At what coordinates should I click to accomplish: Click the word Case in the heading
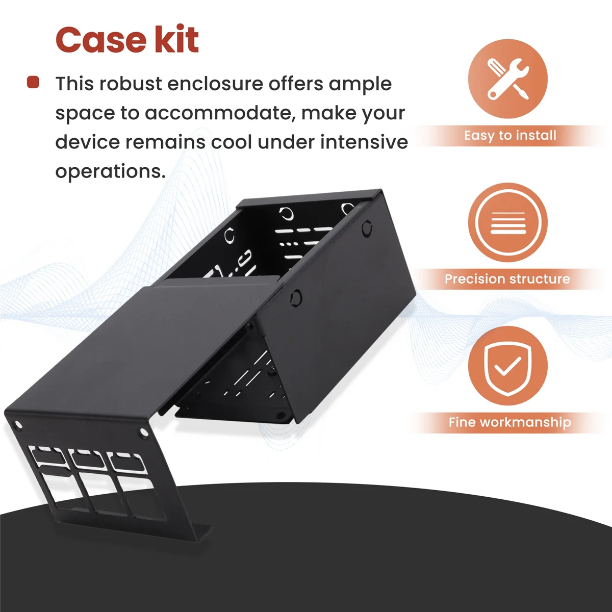100,40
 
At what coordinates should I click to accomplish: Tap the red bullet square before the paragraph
33,82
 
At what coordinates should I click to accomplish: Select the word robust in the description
131,84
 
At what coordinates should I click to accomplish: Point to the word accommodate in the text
218,113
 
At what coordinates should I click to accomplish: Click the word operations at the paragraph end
110,172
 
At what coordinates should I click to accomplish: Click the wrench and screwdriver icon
507,79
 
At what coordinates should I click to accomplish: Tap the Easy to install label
510,136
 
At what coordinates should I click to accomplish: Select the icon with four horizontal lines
507,222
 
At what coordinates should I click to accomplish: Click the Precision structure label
507,279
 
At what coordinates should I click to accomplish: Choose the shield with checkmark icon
507,366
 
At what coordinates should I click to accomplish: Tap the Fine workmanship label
509,422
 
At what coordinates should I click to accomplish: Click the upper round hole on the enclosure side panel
367,228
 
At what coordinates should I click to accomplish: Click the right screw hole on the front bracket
143,431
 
